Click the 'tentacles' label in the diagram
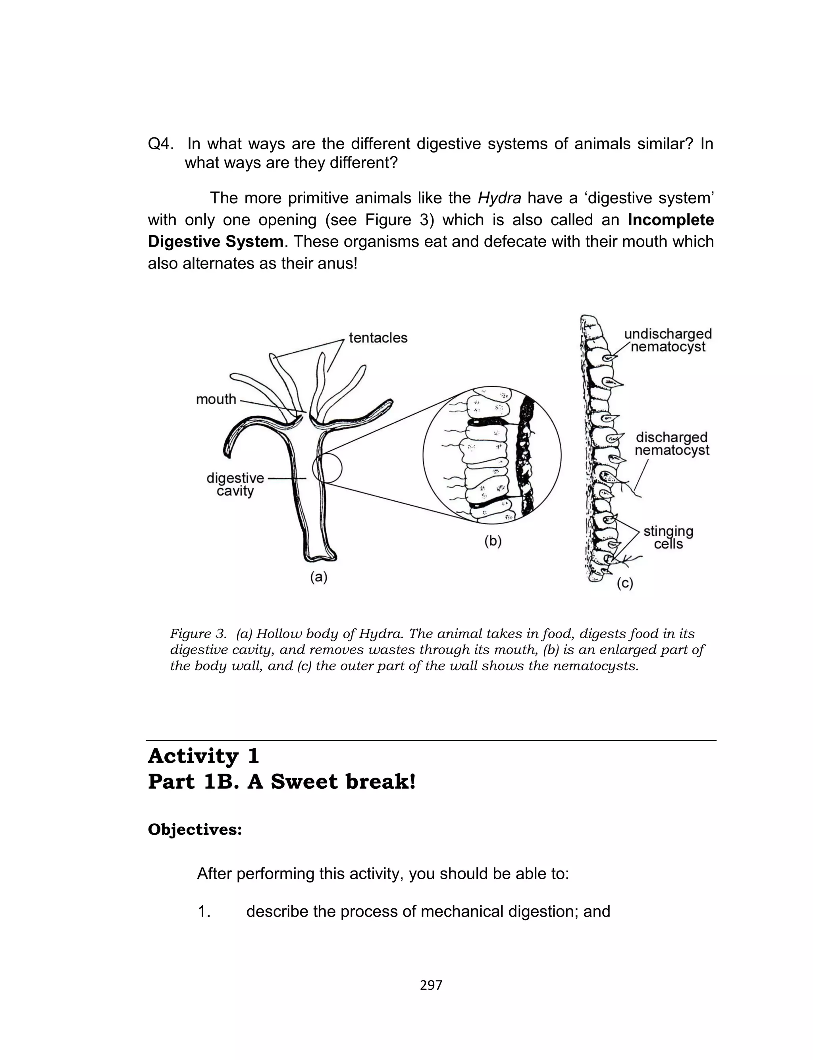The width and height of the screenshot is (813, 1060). [378, 338]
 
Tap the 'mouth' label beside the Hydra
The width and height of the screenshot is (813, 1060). [216, 399]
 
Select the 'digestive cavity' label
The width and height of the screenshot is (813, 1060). [235, 485]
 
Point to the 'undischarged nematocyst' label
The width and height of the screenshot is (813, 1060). [668, 340]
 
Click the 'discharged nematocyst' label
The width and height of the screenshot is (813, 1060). [672, 444]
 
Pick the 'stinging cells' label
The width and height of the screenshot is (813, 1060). [669, 537]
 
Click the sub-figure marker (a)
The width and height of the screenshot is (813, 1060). [319, 577]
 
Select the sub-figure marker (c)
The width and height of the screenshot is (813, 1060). [625, 583]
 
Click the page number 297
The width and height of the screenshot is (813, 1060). [431, 985]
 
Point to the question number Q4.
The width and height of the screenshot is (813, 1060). [161, 144]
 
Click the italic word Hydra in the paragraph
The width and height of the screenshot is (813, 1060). [499, 198]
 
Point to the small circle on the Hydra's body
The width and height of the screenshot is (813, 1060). [327, 468]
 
